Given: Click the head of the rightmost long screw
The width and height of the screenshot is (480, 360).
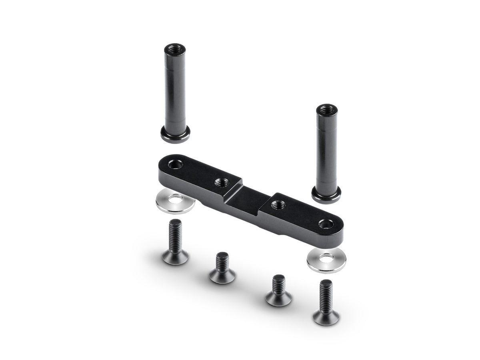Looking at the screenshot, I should click(326, 316).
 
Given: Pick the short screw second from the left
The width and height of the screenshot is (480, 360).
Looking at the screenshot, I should click(222, 269).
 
